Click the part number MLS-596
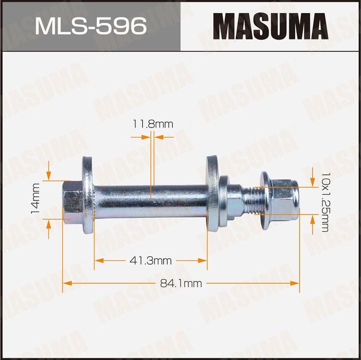pos(90,26)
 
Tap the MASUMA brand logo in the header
pos(270,26)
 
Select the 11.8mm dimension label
pos(152,124)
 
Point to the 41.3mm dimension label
pos(151,260)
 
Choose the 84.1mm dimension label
pos(181,284)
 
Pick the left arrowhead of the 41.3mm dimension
pos(99,260)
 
